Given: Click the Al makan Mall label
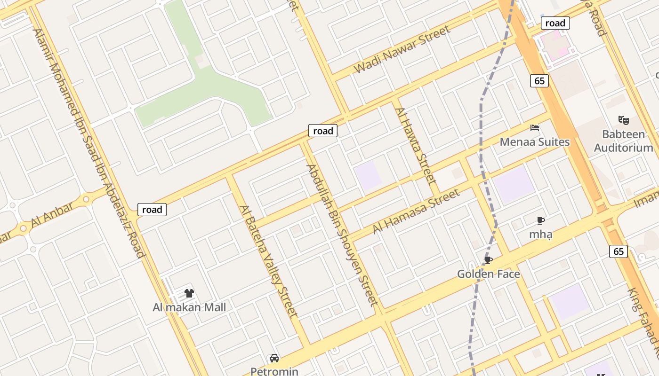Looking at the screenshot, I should coord(189,307).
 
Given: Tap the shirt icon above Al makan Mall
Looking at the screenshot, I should coord(189,294).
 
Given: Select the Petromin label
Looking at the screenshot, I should coord(274,371).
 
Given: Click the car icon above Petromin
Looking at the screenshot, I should coord(274,359).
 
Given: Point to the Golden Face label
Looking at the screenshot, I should coord(489,274).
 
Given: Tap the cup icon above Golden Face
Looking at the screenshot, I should coord(489,260).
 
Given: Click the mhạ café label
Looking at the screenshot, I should coord(541,234).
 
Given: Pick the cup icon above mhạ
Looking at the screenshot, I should coord(541,220).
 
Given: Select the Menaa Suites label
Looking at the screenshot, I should coord(535,142).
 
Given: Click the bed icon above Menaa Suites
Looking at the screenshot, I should coord(535,128).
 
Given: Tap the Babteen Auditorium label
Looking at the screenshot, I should coord(624,141).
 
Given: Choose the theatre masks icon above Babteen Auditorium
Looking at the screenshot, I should coord(624,120).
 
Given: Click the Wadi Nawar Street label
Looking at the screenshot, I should coord(402,49).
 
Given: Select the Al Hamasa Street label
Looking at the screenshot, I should coord(416,211).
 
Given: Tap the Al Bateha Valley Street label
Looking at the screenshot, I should coord(269,261).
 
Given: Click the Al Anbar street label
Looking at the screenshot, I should coord(52,215).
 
